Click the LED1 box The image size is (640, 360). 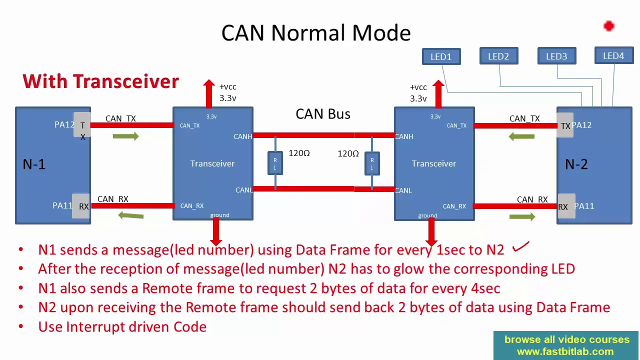[x=441, y=56]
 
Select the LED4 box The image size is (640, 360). [x=613, y=56]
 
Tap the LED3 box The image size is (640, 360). [x=556, y=56]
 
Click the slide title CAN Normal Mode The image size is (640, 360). [x=316, y=33]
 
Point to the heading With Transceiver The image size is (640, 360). [x=100, y=81]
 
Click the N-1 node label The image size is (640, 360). [x=34, y=164]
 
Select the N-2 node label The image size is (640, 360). [x=576, y=164]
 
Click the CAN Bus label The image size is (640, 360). [x=323, y=114]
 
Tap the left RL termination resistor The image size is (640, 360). [x=275, y=163]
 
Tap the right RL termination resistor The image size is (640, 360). [x=372, y=163]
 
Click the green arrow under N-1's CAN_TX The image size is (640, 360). [x=126, y=136]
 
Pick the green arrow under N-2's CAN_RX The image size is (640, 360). [x=522, y=216]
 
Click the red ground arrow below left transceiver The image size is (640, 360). [x=216, y=231]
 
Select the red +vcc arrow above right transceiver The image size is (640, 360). [x=438, y=93]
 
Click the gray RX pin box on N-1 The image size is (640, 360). [x=81, y=206]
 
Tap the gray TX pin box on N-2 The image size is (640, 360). [x=565, y=125]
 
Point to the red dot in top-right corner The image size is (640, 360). [x=608, y=26]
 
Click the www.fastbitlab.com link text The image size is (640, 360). [x=565, y=351]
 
